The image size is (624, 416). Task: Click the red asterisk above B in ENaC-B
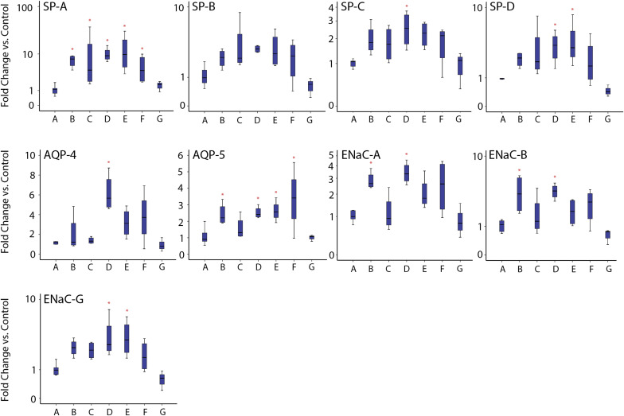click(x=519, y=171)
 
